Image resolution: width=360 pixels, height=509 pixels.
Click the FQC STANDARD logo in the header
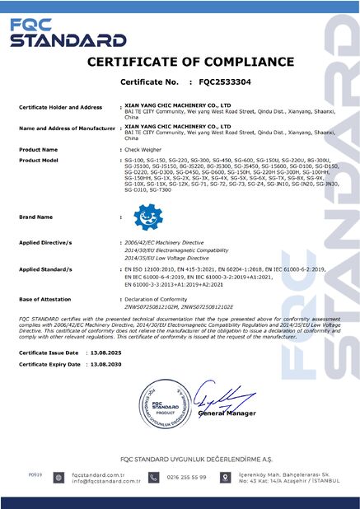(55, 34)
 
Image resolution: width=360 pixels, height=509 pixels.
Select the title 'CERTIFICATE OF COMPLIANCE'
(180, 63)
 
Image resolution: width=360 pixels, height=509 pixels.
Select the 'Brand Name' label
(37, 217)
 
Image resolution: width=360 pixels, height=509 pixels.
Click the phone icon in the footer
(154, 478)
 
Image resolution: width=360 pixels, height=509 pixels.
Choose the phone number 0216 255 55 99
(186, 478)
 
